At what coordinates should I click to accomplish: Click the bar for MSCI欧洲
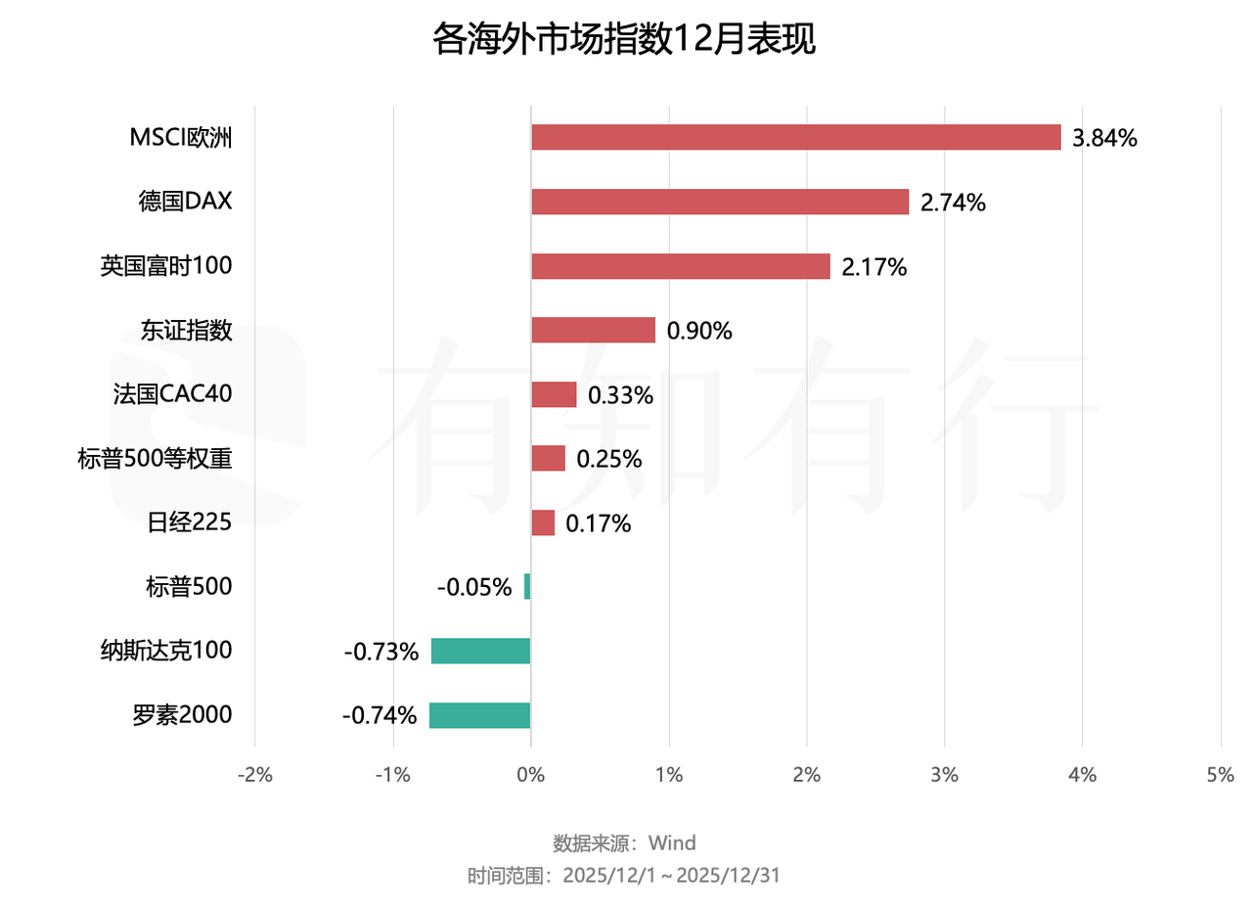tap(795, 137)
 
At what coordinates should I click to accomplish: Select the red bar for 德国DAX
tap(720, 202)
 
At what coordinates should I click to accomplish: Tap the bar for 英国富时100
tap(681, 266)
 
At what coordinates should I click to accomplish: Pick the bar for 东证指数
tap(593, 330)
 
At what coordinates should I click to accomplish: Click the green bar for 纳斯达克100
tap(480, 651)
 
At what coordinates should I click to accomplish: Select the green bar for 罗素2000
tap(479, 715)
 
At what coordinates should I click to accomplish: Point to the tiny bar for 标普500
tap(527, 586)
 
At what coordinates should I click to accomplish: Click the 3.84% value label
tap(1104, 138)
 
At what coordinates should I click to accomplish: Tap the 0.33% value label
tap(620, 395)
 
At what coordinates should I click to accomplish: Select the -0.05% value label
tap(474, 587)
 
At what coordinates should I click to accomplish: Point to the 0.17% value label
tap(599, 523)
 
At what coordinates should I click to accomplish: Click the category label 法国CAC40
tap(173, 394)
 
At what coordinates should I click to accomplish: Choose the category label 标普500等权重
tap(155, 458)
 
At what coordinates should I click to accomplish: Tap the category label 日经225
tap(189, 522)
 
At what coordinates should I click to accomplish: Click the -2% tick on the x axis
tap(255, 775)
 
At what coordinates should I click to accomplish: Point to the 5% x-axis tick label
tap(1221, 775)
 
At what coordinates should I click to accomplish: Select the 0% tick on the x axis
tap(530, 775)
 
